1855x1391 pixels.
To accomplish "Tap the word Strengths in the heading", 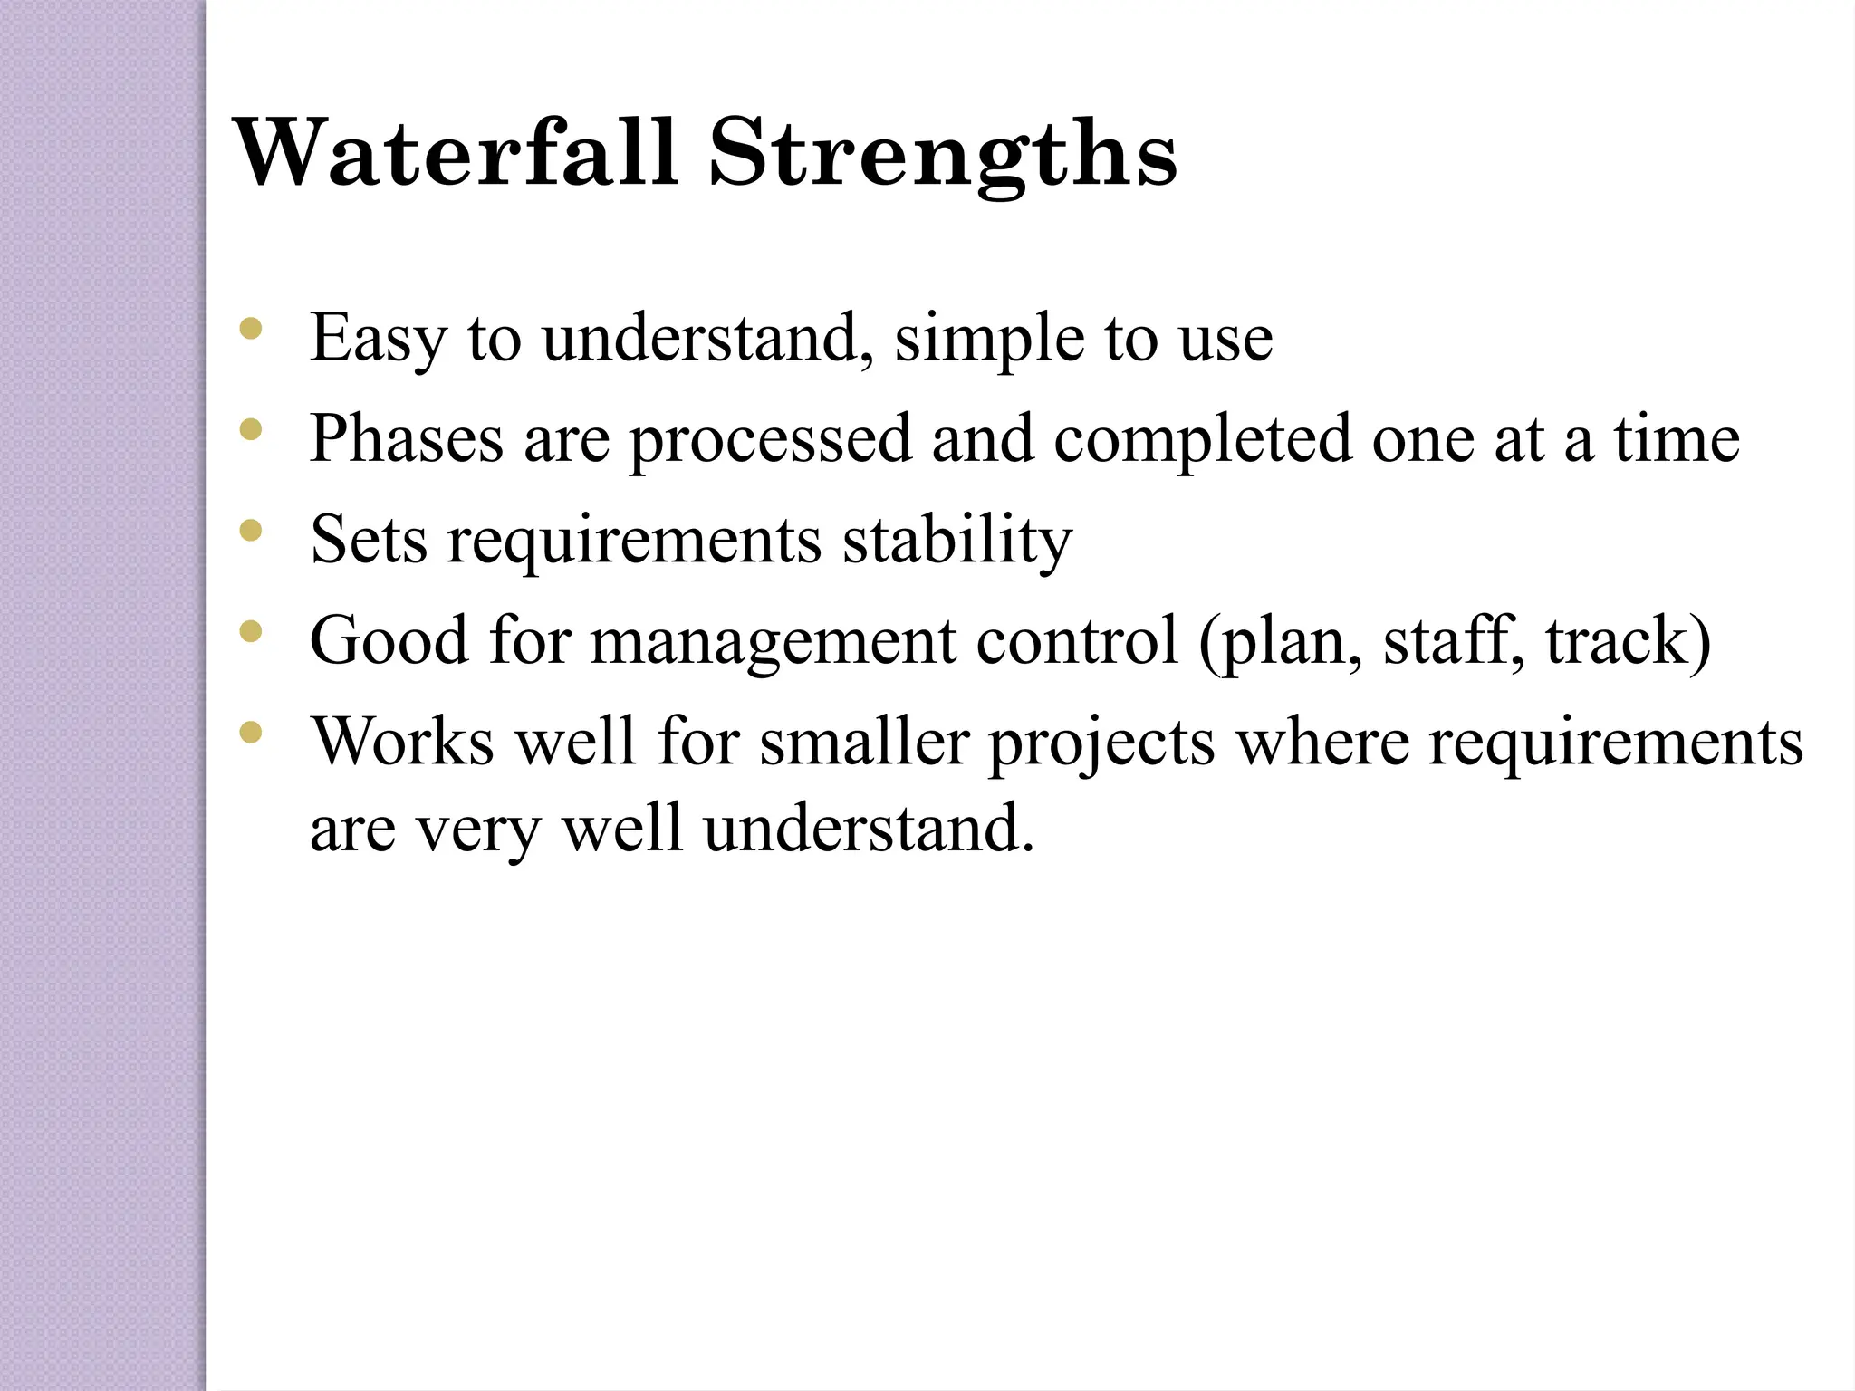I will (943, 154).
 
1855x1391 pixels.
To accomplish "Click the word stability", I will (957, 540).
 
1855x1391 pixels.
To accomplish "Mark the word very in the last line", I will (477, 830).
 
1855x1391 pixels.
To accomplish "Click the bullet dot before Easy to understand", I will (250, 328).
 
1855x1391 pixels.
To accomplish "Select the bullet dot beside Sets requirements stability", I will (250, 529).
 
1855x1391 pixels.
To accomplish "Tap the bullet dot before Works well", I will (250, 730).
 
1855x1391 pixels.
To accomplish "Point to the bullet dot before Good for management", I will (250, 629).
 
